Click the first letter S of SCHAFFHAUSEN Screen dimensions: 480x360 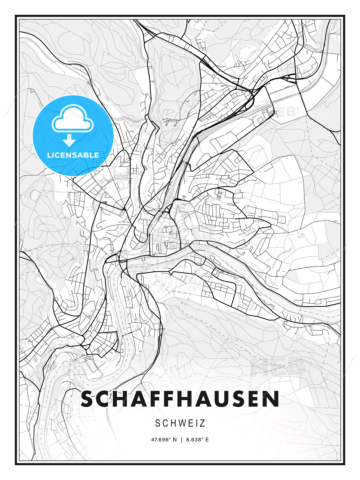point(88,399)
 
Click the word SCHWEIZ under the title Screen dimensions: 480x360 point(180,423)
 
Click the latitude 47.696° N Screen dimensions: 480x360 point(164,440)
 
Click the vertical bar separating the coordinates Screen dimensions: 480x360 point(181,440)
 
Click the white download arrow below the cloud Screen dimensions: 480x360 point(69,141)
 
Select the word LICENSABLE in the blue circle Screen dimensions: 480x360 point(73,155)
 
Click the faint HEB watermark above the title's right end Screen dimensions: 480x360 point(280,367)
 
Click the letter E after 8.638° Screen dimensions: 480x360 point(207,440)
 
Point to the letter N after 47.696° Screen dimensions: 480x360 point(175,440)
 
